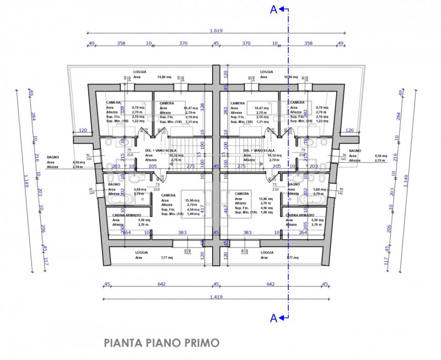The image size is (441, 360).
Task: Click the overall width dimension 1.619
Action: [216, 31]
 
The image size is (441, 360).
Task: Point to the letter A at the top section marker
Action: [273, 9]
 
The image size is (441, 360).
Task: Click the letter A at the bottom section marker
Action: [273, 318]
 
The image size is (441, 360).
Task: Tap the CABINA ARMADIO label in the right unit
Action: [300, 215]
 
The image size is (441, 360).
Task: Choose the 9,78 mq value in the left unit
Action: [138, 108]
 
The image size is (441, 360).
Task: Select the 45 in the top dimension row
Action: [216, 43]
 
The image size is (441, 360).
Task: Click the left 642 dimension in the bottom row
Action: [162, 284]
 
